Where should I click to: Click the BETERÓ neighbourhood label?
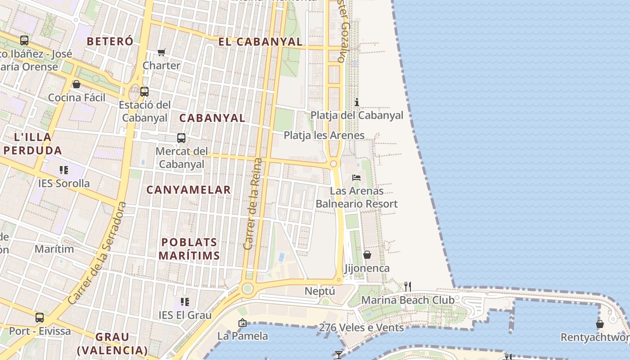pyautogui.click(x=110, y=41)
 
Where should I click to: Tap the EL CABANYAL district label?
pyautogui.click(x=260, y=42)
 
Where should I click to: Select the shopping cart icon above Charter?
pyautogui.click(x=162, y=52)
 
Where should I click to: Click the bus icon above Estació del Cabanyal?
pyautogui.click(x=144, y=92)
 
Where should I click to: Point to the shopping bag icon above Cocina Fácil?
pyautogui.click(x=76, y=84)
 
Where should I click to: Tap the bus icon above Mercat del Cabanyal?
pyautogui.click(x=181, y=138)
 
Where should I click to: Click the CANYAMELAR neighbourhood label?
pyautogui.click(x=189, y=190)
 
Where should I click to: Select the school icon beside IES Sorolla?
pyautogui.click(x=64, y=170)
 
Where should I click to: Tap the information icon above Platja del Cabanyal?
pyautogui.click(x=357, y=102)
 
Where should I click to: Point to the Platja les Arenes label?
pyautogui.click(x=324, y=135)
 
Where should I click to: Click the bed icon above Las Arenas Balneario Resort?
pyautogui.click(x=356, y=178)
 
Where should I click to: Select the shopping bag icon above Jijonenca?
pyautogui.click(x=367, y=255)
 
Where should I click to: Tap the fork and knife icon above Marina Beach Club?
pyautogui.click(x=408, y=286)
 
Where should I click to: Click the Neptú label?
pyautogui.click(x=320, y=291)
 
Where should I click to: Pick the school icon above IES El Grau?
pyautogui.click(x=185, y=301)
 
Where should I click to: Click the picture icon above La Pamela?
pyautogui.click(x=243, y=323)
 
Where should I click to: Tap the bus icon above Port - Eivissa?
pyautogui.click(x=40, y=318)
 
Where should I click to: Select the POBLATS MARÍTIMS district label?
pyautogui.click(x=189, y=249)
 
